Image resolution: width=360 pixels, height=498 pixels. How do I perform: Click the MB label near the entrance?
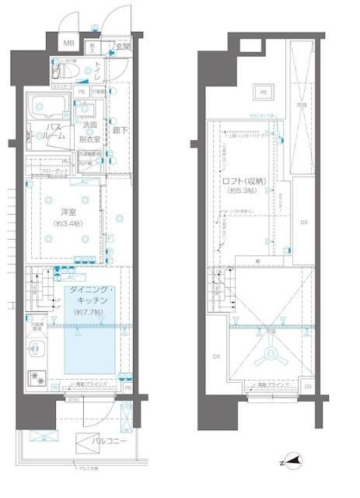68,44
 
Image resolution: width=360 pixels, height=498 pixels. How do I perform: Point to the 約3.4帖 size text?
68,224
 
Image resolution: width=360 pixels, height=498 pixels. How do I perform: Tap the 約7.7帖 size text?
90,312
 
